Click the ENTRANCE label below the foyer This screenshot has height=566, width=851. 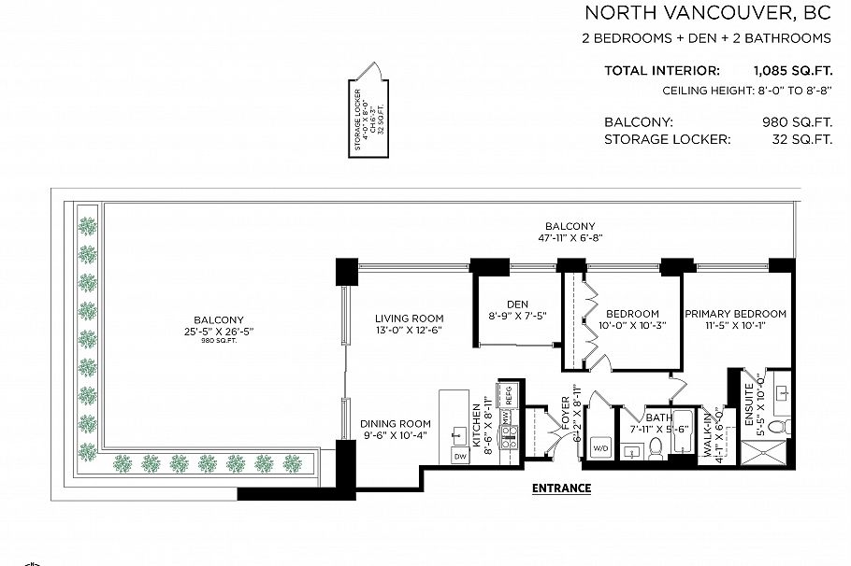point(561,488)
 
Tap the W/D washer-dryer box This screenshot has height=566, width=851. point(599,447)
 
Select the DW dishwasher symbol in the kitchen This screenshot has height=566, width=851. point(459,456)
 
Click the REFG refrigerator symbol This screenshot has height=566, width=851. point(509,396)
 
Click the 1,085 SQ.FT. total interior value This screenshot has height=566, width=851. point(792,70)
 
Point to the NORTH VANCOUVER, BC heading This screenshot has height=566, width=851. point(707,13)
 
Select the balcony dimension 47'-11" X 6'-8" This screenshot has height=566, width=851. point(570,238)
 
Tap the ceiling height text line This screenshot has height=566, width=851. point(746,91)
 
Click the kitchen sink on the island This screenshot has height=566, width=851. point(459,433)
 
